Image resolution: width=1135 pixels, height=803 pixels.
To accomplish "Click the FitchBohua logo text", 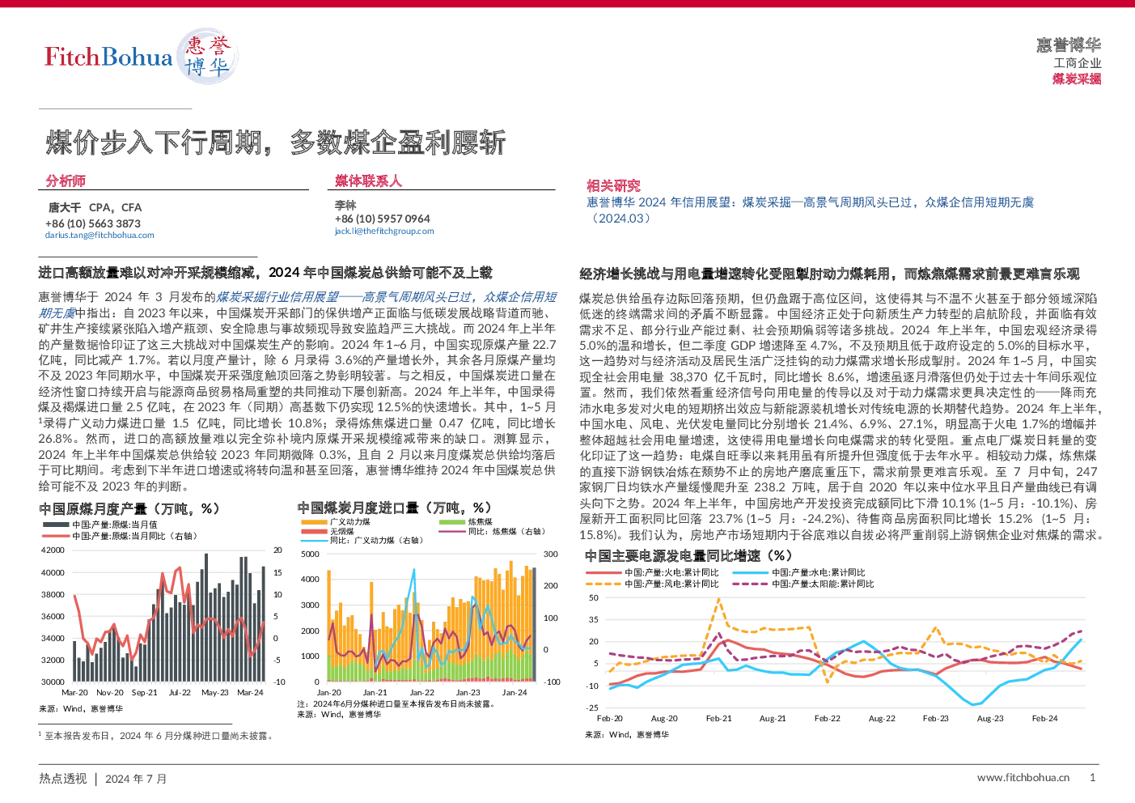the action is (x=108, y=57).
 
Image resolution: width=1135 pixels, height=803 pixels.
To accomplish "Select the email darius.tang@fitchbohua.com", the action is (x=100, y=236).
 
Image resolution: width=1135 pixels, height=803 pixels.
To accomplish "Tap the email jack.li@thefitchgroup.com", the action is (x=384, y=232).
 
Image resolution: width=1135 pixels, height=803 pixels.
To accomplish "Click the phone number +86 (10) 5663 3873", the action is (x=93, y=223).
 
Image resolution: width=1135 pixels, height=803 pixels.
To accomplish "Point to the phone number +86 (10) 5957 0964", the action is (x=382, y=219).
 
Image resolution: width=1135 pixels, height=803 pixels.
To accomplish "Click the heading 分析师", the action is (x=66, y=181).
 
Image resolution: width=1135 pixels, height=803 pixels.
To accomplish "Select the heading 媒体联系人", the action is (x=368, y=181).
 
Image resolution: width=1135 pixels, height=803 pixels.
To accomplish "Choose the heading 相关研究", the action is (x=613, y=185).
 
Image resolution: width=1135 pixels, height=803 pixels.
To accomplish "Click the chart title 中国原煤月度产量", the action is (x=93, y=508).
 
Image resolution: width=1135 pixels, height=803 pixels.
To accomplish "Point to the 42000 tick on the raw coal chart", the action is (x=53, y=550).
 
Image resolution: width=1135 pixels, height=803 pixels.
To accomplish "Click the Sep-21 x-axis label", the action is (x=145, y=692).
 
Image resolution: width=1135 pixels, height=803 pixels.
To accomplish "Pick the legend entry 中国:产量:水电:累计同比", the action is (x=798, y=572).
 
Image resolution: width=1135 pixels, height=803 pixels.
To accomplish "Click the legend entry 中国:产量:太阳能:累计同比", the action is (x=803, y=584).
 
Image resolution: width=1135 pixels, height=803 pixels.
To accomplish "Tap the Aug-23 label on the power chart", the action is (x=990, y=718).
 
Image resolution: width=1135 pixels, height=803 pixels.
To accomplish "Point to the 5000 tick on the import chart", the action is (x=310, y=554).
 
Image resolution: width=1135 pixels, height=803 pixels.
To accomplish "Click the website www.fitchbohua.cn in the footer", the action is (x=1023, y=778).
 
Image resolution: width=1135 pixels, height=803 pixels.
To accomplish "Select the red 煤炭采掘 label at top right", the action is (x=1077, y=79).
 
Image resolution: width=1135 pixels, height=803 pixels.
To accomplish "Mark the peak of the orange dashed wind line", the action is (x=718, y=600).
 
